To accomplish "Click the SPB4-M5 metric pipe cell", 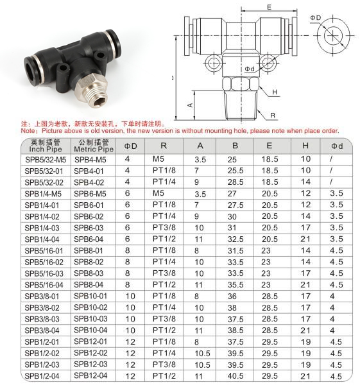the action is pos(90,160).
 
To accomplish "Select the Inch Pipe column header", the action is pos(46,149).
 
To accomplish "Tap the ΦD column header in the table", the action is pos(130,146).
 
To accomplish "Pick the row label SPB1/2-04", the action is pos(42,376).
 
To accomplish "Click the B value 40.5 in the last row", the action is pos(236,376).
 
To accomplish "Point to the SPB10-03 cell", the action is pos(90,318).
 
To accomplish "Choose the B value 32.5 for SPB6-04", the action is pos(236,239).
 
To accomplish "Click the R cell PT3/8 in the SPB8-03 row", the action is pos(164,273).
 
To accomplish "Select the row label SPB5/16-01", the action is pos(44,250).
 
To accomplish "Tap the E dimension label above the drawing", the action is pos(270,7).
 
